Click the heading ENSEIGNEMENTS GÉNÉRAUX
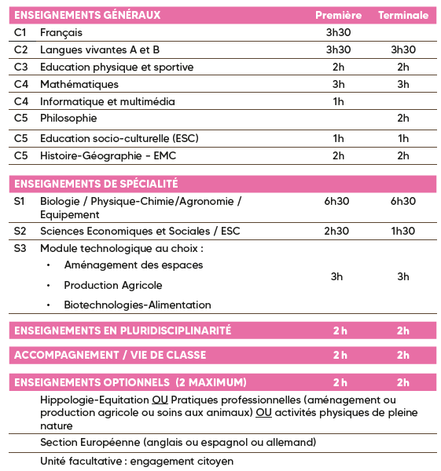(x=87, y=15)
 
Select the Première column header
(x=338, y=15)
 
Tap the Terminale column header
(x=403, y=15)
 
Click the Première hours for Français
(x=338, y=32)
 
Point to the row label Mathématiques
(x=79, y=84)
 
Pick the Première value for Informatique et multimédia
(x=338, y=101)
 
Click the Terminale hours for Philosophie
(x=403, y=119)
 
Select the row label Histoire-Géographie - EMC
(x=108, y=155)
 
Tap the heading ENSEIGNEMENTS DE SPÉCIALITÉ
(x=96, y=184)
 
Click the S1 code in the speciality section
(x=20, y=202)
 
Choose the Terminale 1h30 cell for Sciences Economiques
(x=403, y=231)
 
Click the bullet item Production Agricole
(x=113, y=285)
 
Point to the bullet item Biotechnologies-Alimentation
(x=138, y=305)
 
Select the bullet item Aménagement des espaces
(x=133, y=265)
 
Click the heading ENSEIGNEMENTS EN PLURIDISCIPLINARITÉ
(x=123, y=330)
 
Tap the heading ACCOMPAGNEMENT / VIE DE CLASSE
(x=110, y=355)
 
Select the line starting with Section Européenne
(x=178, y=442)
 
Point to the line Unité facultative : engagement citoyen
(x=137, y=461)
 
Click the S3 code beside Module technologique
(x=20, y=248)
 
